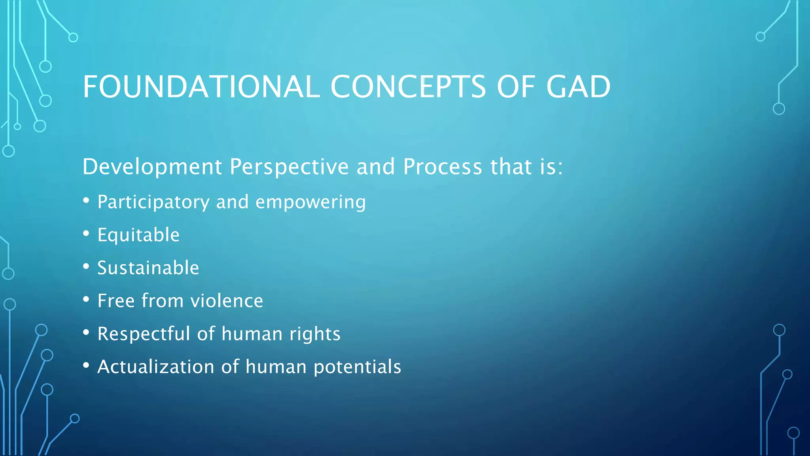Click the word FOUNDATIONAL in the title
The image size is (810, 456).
tap(201, 87)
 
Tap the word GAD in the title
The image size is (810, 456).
tap(578, 87)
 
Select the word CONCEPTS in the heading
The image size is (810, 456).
tap(407, 87)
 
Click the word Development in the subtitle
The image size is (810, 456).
tap(152, 167)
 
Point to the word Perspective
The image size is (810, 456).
tap(289, 167)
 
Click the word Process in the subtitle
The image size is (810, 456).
tap(443, 167)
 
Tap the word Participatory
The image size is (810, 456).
tap(153, 203)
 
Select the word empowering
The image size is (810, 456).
tap(311, 203)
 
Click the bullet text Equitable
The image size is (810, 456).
tap(138, 235)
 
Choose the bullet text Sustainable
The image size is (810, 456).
tap(148, 268)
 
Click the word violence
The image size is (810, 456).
tap(227, 301)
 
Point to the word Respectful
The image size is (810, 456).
tap(144, 334)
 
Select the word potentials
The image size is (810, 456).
tap(358, 367)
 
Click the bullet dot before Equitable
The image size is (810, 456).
tap(86, 234)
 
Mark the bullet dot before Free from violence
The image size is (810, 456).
tap(86, 300)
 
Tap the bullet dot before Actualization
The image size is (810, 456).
tap(86, 365)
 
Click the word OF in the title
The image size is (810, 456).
tap(516, 87)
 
